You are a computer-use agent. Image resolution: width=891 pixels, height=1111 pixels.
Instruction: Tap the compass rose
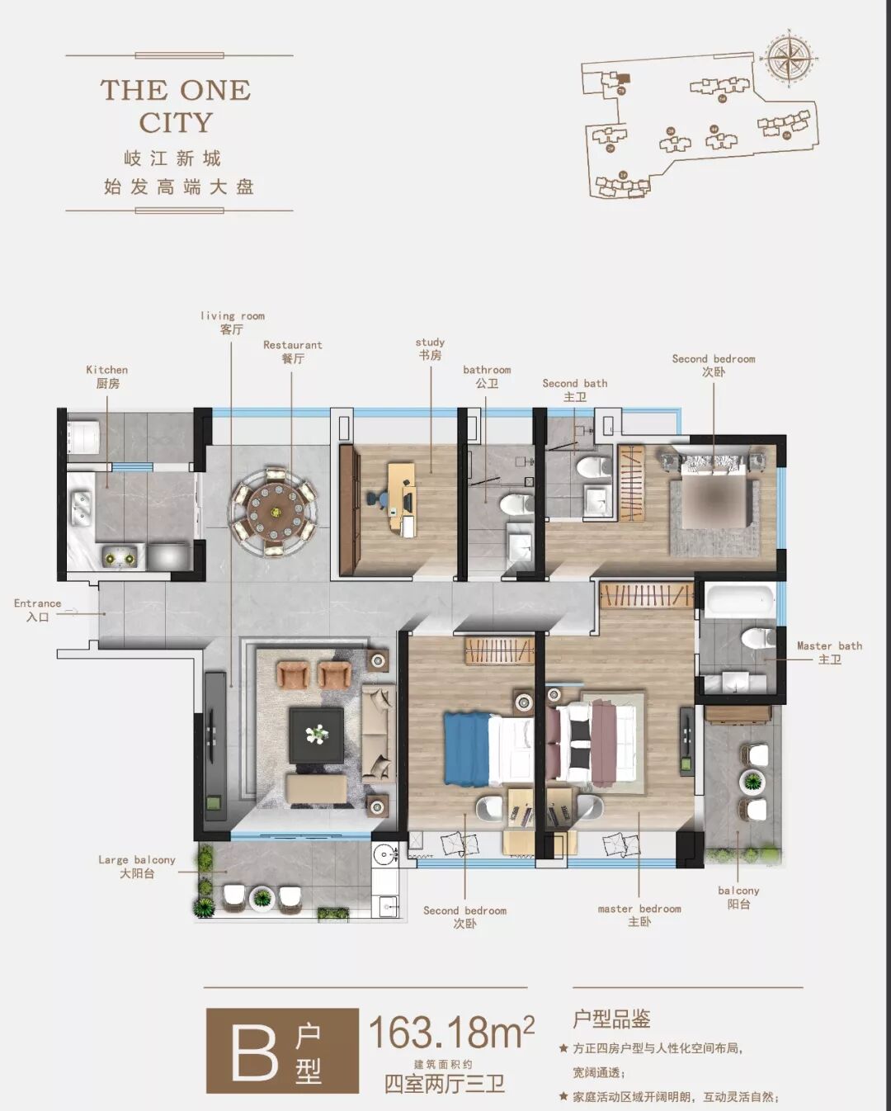(x=789, y=60)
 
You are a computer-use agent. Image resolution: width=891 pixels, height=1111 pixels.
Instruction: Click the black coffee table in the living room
(x=317, y=735)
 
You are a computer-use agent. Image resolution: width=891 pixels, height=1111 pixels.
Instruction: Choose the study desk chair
(x=377, y=499)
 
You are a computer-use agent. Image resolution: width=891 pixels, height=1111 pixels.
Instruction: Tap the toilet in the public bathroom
(x=517, y=503)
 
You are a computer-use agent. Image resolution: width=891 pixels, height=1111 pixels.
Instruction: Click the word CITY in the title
(x=176, y=122)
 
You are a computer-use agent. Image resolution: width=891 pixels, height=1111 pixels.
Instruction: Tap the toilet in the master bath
(x=758, y=639)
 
